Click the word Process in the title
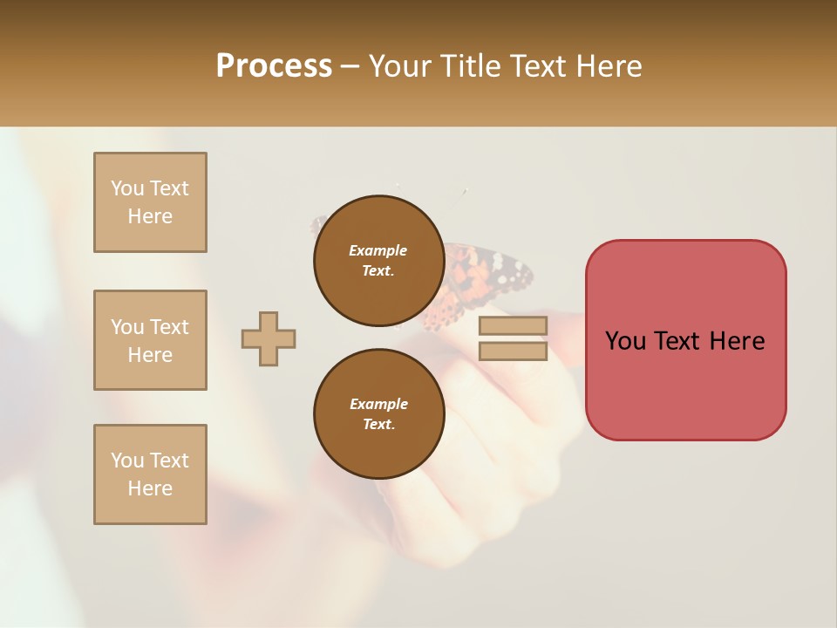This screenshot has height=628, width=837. coord(274,65)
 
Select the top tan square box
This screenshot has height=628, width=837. coord(150,202)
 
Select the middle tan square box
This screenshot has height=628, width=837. coord(150,340)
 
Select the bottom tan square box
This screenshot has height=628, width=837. coord(150,474)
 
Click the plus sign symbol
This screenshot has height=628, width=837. coord(269,338)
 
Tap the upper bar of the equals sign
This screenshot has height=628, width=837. coord(513,325)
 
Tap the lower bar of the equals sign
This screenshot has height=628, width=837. coord(513,352)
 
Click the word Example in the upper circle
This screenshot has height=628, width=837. coord(378,250)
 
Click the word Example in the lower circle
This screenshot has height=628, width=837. coord(378,404)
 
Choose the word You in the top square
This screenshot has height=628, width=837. coord(126,188)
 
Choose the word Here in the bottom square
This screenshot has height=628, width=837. coord(150,488)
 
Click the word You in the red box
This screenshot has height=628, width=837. coord(625,341)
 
